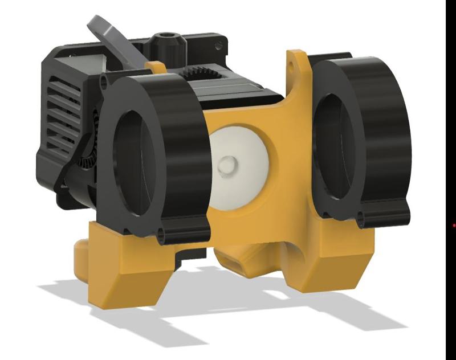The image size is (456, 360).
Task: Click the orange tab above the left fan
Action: pyautogui.click(x=156, y=67)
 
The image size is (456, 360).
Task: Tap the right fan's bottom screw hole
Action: pyautogui.click(x=362, y=219)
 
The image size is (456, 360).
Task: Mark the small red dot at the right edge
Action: pyautogui.click(x=454, y=226)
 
